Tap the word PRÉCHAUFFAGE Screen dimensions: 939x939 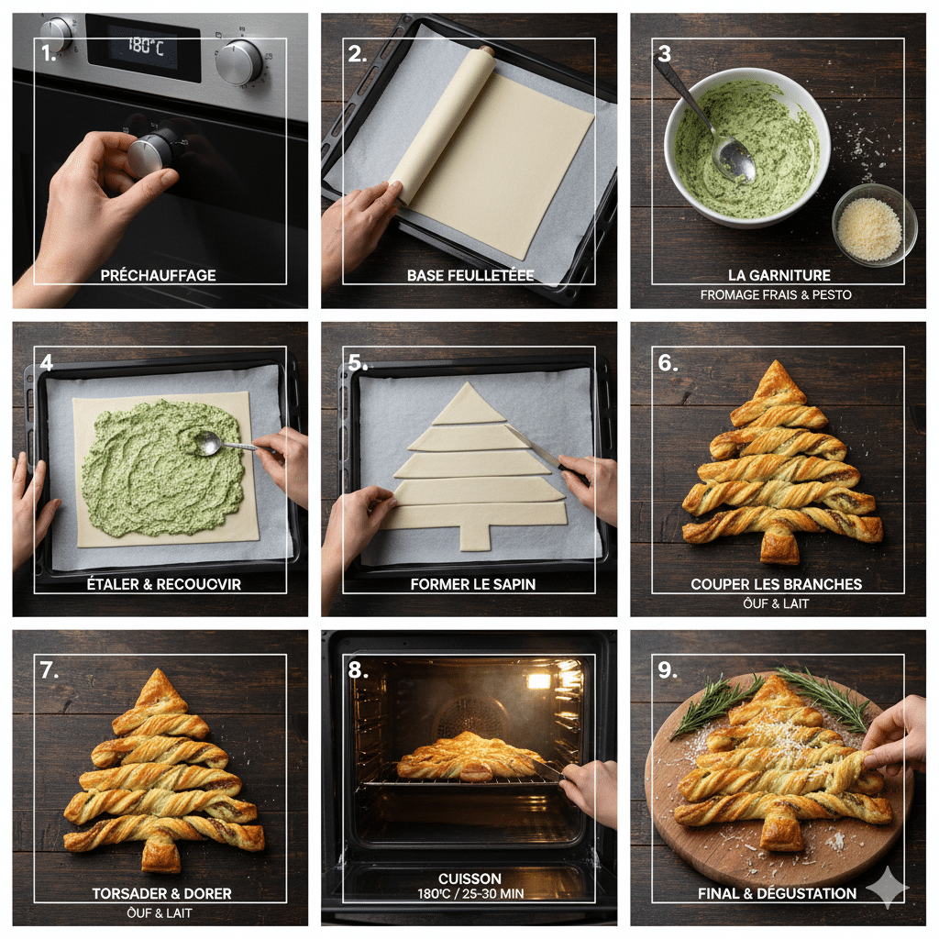coord(158,275)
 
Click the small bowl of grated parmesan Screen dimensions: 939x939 coord(874,225)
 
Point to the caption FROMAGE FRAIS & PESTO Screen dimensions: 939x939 coord(776,294)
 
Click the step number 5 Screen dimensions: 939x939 coord(357,363)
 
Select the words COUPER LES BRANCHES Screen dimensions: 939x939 coord(776,584)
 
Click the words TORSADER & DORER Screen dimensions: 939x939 coord(161,893)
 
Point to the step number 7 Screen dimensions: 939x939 coord(50,670)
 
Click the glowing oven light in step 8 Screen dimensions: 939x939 coord(538,681)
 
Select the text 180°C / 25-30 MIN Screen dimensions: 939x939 coord(470,894)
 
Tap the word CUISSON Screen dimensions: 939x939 coord(469,879)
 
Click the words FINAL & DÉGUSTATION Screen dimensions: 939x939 coord(778,893)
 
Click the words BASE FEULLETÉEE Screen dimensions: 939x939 coord(470,275)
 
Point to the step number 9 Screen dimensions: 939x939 coord(667,670)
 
